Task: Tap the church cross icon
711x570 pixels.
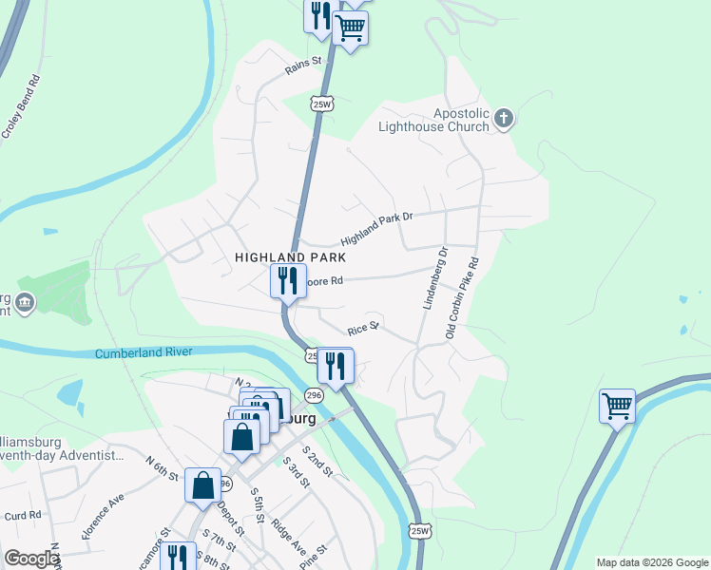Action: click(x=504, y=119)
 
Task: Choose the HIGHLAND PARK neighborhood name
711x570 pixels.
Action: click(x=290, y=257)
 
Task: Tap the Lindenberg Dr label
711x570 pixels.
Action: click(x=432, y=278)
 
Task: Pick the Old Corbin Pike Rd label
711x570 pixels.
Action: click(x=463, y=298)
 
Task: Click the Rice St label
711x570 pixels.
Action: click(x=363, y=327)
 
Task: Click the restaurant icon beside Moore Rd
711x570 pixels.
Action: click(x=287, y=280)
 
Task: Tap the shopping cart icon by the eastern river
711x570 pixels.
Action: click(x=617, y=406)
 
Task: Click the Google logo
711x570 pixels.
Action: click(x=30, y=559)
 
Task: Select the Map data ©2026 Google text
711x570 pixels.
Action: click(x=651, y=562)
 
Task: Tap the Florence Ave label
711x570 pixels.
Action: click(x=104, y=516)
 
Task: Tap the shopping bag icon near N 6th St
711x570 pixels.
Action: click(x=203, y=485)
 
